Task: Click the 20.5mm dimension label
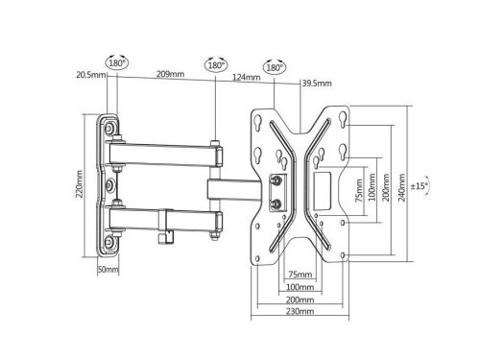(x=91, y=75)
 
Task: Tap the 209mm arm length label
(x=170, y=74)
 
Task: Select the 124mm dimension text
(x=246, y=77)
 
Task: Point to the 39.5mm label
(x=317, y=84)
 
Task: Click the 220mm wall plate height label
(x=80, y=184)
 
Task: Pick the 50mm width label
(x=108, y=269)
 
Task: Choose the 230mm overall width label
(x=300, y=311)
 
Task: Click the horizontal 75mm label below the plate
(x=300, y=275)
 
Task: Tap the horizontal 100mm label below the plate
(x=300, y=287)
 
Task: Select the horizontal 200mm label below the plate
(x=300, y=300)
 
